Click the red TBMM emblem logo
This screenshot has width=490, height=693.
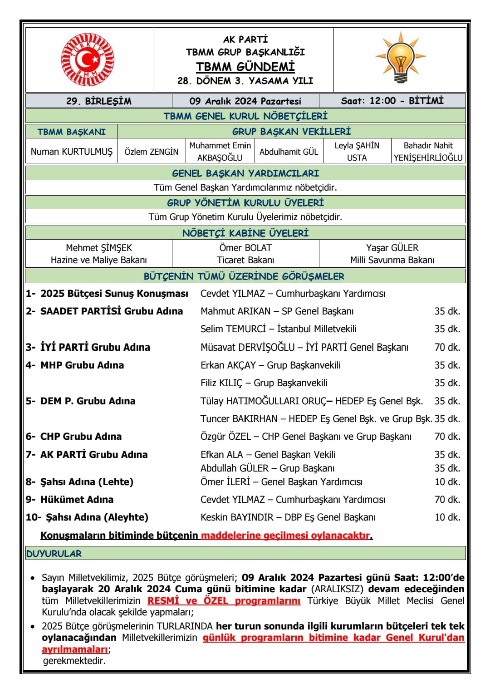(88, 59)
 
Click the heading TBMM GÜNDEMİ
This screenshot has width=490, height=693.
(245, 67)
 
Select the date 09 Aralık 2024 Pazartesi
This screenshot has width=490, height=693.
(245, 101)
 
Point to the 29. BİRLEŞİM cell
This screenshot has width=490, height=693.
(99, 101)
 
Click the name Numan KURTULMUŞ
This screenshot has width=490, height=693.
(72, 152)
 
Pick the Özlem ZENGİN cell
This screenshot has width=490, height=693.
(152, 152)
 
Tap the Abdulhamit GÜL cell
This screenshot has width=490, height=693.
(289, 152)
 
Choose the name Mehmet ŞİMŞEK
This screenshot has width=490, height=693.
(99, 248)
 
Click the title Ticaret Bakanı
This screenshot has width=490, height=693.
(245, 260)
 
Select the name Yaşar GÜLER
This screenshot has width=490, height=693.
(392, 248)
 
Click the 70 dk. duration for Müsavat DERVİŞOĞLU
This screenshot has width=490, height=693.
(447, 347)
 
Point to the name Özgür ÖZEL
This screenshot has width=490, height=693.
(225, 437)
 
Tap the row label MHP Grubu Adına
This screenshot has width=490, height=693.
(82, 365)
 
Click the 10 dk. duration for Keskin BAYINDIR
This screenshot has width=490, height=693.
(447, 517)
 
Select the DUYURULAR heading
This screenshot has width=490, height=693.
(54, 554)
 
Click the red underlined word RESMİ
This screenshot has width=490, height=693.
(164, 601)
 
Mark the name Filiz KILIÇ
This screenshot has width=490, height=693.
(221, 383)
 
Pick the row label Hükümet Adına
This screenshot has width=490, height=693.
(77, 500)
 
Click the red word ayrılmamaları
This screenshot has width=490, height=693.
(75, 649)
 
